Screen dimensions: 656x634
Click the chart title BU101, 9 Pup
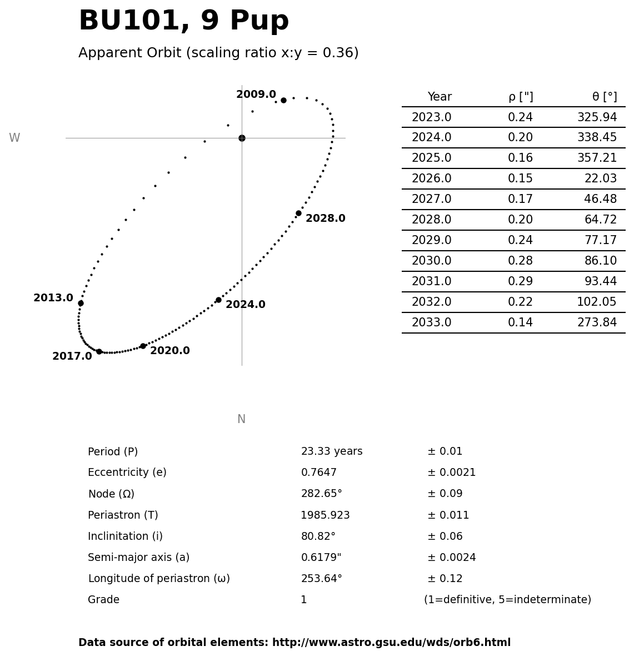tap(183, 22)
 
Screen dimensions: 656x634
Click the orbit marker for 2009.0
tap(283, 101)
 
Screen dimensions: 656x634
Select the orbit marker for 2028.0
tap(298, 213)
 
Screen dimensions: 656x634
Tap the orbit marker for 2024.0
tap(218, 300)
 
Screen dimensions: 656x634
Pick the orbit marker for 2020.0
tap(143, 346)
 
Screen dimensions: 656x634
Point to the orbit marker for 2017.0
tap(99, 351)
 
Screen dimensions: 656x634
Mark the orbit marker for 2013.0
tap(81, 303)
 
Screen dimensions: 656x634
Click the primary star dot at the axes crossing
tap(242, 138)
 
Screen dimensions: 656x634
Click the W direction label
tap(14, 138)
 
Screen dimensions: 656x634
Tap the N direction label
tap(241, 419)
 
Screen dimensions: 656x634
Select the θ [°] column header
tap(604, 97)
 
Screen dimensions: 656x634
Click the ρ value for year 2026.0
tap(520, 179)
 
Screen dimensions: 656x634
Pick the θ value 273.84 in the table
tap(597, 323)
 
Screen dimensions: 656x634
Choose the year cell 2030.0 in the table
tap(431, 261)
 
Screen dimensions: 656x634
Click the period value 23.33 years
tap(332, 451)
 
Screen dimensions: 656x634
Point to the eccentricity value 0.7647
tap(318, 473)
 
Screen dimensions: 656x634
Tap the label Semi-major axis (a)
tap(138, 558)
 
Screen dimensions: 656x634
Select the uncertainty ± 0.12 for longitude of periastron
tap(445, 579)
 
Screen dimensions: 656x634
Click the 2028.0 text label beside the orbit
tap(325, 219)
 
